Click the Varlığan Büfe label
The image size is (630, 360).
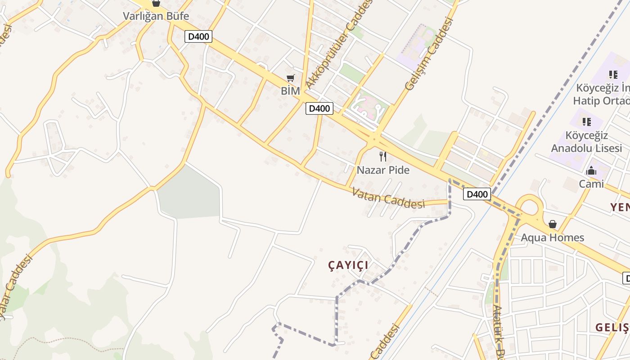[156, 16]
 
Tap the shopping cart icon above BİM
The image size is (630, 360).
[291, 78]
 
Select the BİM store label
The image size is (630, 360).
[290, 91]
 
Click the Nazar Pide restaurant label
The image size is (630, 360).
[383, 170]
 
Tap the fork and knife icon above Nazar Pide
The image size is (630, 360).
[383, 157]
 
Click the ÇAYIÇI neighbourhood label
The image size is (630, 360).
[348, 265]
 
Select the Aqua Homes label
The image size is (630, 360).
[552, 238]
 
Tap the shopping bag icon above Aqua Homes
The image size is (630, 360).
[552, 224]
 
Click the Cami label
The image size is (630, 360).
[591, 184]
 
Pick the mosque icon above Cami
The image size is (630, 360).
[591, 171]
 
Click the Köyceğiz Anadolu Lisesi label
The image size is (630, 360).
[586, 142]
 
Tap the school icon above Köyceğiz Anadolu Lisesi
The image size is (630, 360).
[586, 121]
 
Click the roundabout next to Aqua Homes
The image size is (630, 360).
[529, 207]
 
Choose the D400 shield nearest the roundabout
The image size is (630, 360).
[477, 194]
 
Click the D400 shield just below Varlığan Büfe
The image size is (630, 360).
[198, 36]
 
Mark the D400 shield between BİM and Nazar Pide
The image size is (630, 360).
[319, 108]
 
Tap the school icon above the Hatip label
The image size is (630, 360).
[613, 74]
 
